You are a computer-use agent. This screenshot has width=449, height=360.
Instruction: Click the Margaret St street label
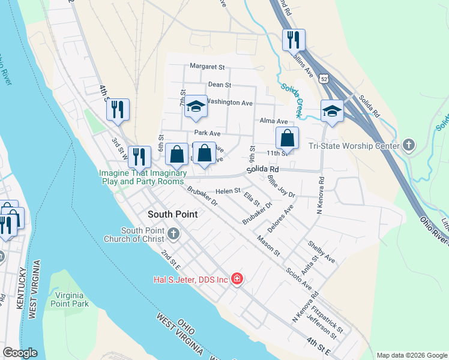206,67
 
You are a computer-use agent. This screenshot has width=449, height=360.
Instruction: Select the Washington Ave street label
231,103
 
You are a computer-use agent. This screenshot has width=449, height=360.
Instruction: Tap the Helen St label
228,191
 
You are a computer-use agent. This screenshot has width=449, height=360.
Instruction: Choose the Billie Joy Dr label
282,187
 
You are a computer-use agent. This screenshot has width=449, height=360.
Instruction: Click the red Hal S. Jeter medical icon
237,280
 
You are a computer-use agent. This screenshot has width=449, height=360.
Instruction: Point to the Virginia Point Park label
71,299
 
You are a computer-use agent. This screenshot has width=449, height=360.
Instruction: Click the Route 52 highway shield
324,79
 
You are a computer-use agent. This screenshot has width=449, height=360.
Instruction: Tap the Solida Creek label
292,100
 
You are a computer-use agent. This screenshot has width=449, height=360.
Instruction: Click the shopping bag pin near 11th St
288,138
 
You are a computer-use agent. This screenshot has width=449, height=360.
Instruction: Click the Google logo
20,353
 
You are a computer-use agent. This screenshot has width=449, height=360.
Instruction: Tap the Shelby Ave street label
321,252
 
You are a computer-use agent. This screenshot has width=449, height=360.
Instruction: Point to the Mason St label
268,246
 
